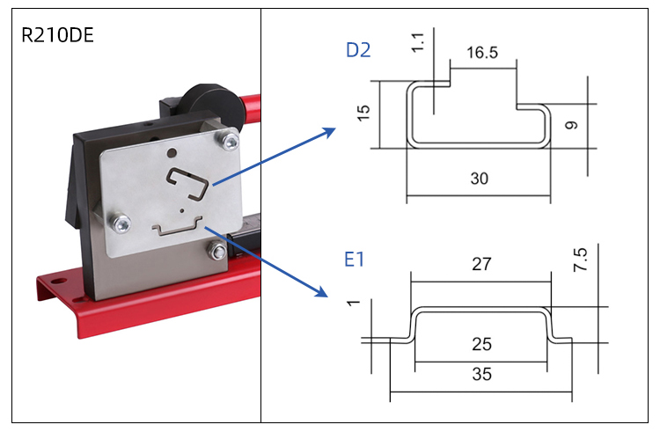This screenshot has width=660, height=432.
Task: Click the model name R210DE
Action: click(57, 36)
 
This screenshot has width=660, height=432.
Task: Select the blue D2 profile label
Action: click(358, 50)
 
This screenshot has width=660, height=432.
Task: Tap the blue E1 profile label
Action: click(356, 260)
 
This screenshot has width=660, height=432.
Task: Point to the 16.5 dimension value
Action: click(481, 53)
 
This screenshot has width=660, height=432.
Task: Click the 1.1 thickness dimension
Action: click(418, 40)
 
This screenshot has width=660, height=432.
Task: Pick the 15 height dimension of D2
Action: click(364, 111)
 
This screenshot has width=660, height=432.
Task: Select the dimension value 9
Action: click(572, 125)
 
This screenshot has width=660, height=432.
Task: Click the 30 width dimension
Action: click(479, 179)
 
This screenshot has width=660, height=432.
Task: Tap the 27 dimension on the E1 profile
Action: click(481, 264)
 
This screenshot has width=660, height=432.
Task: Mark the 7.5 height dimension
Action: click(580, 261)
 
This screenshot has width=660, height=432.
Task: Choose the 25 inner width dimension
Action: click(481, 344)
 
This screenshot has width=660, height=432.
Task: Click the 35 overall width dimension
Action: click(481, 374)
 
